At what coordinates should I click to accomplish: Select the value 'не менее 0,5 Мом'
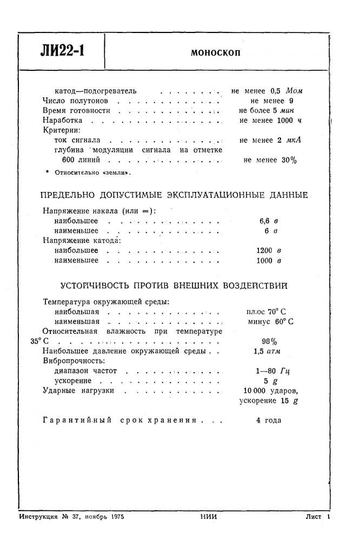click(267, 91)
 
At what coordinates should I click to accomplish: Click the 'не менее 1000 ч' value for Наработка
click(270, 121)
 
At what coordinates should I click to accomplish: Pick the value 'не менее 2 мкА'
click(270, 140)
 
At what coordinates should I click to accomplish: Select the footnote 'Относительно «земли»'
click(90, 173)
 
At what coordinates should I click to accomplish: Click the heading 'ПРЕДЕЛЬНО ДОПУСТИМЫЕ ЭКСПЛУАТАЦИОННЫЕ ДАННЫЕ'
click(175, 195)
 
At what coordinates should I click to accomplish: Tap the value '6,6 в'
click(269, 221)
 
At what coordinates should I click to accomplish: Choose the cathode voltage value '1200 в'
click(269, 250)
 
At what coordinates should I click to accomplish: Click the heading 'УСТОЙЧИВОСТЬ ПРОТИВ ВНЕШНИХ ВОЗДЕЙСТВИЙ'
click(174, 285)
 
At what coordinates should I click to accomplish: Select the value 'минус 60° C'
click(271, 321)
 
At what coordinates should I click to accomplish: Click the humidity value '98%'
click(269, 341)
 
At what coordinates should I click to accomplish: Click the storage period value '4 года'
click(269, 420)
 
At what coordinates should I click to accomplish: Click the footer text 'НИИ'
click(208, 517)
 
